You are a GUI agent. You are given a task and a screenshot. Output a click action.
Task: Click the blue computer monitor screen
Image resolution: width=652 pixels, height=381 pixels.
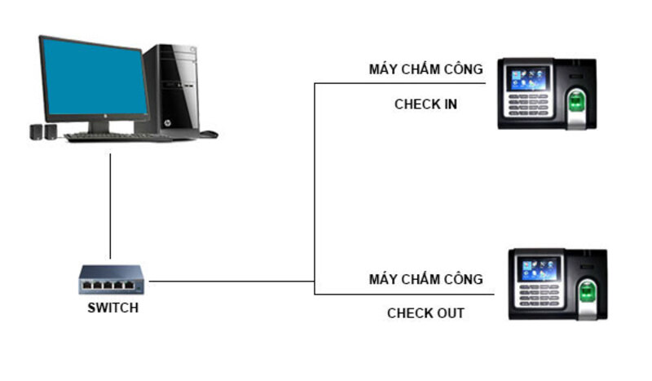coord(93,78)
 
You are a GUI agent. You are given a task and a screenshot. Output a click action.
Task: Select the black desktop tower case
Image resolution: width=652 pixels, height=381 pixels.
coord(172,90)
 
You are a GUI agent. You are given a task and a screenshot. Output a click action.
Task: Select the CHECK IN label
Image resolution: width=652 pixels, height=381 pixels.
coord(425,104)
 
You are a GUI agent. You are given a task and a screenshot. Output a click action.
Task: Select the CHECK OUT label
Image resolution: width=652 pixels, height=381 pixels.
coord(425,313)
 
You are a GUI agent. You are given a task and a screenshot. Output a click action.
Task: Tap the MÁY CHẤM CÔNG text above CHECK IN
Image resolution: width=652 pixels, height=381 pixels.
coord(425,69)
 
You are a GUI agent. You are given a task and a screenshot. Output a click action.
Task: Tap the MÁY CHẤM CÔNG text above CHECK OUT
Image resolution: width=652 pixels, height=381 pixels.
coord(425,279)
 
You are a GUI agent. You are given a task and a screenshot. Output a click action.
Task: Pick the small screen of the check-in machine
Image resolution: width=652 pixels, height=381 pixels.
coord(528,78)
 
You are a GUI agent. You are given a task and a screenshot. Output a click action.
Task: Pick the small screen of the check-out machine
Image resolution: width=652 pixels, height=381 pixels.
coord(540,269)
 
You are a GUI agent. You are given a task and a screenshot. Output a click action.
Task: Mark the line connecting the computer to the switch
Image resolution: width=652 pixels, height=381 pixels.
coord(110,204)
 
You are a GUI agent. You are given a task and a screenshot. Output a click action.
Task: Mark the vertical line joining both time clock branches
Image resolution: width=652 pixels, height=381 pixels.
coord(315,188)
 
